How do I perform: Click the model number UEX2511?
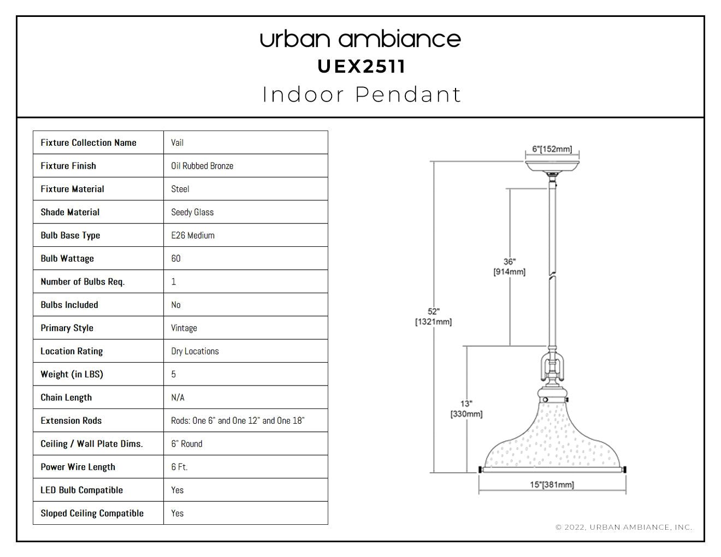coord(361,67)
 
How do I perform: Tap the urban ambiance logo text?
coord(361,39)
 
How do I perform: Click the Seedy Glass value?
coord(192,212)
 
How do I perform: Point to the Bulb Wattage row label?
coord(67,259)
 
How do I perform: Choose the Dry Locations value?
coord(195,351)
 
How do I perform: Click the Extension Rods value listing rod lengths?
coord(238,420)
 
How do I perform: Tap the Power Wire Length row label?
coord(78,467)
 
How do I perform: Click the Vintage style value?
coord(184,328)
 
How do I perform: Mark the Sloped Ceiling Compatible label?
coord(92,513)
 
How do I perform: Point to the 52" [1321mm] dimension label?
coord(433,317)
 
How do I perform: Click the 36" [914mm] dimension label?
coord(509,267)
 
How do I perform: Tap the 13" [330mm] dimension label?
coord(466,409)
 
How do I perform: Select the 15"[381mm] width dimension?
coord(552,485)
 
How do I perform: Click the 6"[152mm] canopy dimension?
coord(552,149)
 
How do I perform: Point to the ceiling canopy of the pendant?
coord(552,167)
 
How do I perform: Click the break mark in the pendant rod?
coord(552,276)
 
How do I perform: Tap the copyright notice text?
coord(624,528)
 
